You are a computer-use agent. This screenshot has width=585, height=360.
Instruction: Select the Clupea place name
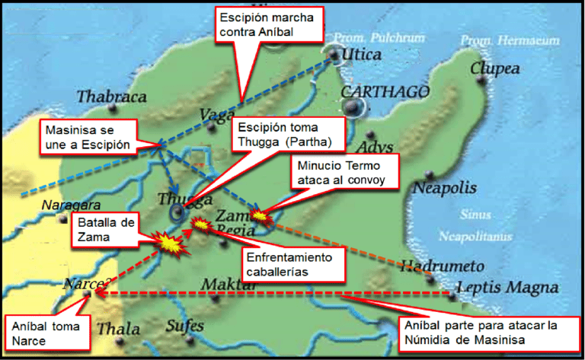pyautogui.click(x=494, y=69)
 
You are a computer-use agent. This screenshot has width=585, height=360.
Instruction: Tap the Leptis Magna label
pyautogui.click(x=507, y=288)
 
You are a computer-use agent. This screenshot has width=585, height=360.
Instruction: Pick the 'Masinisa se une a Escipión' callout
pyautogui.click(x=86, y=136)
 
